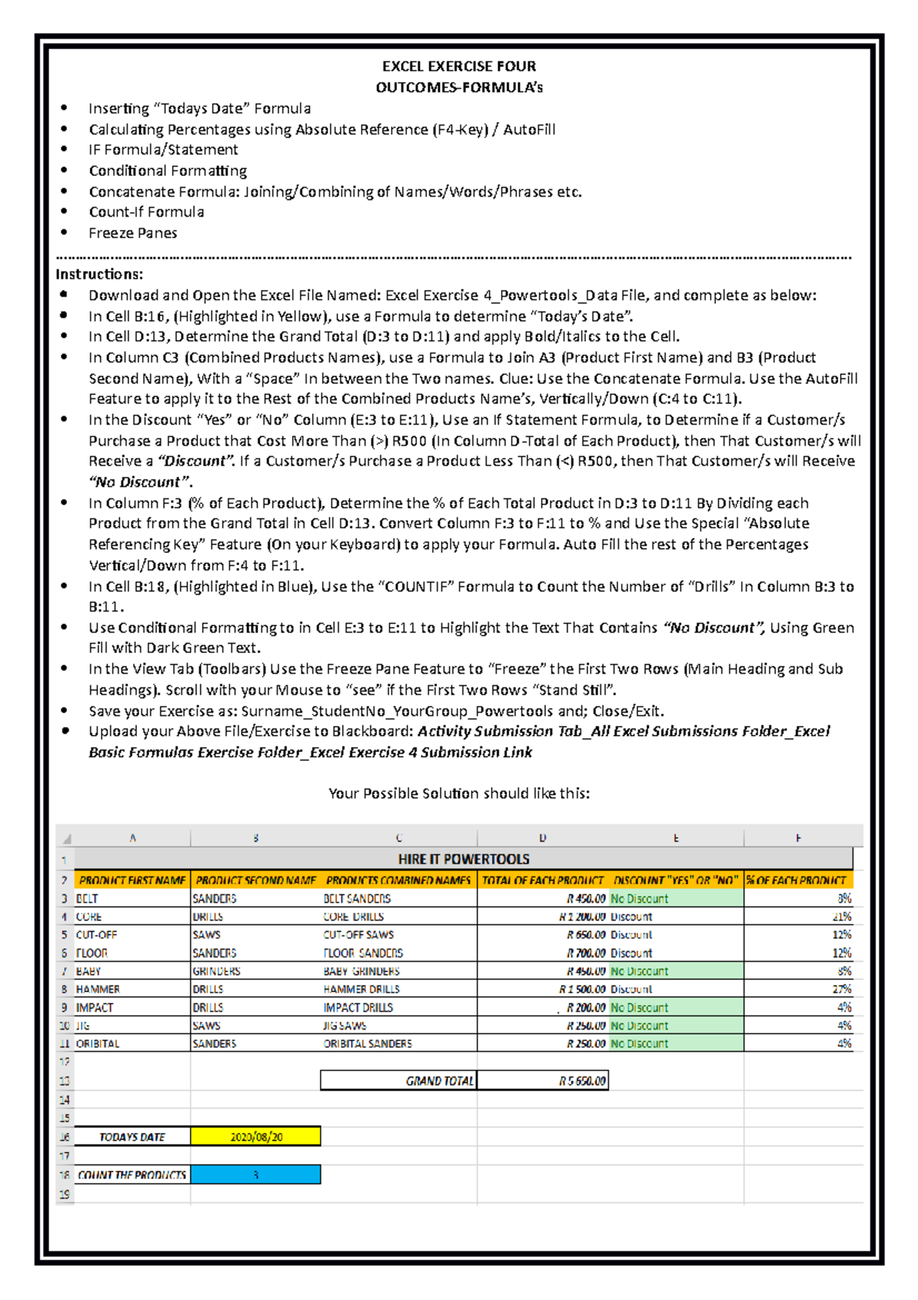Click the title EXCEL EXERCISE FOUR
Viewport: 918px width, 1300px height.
point(459,67)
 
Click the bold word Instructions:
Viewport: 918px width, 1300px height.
point(99,274)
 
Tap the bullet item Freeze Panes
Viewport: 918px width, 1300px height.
point(132,233)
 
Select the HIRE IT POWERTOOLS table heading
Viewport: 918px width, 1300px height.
point(464,859)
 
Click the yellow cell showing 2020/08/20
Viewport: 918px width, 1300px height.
point(256,1137)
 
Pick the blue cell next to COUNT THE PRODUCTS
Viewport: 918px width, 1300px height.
point(256,1174)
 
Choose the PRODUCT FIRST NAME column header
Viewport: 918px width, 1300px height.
point(132,880)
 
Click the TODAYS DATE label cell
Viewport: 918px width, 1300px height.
point(132,1137)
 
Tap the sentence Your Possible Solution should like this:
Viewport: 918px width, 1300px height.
point(459,793)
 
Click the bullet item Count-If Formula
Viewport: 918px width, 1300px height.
point(146,212)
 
